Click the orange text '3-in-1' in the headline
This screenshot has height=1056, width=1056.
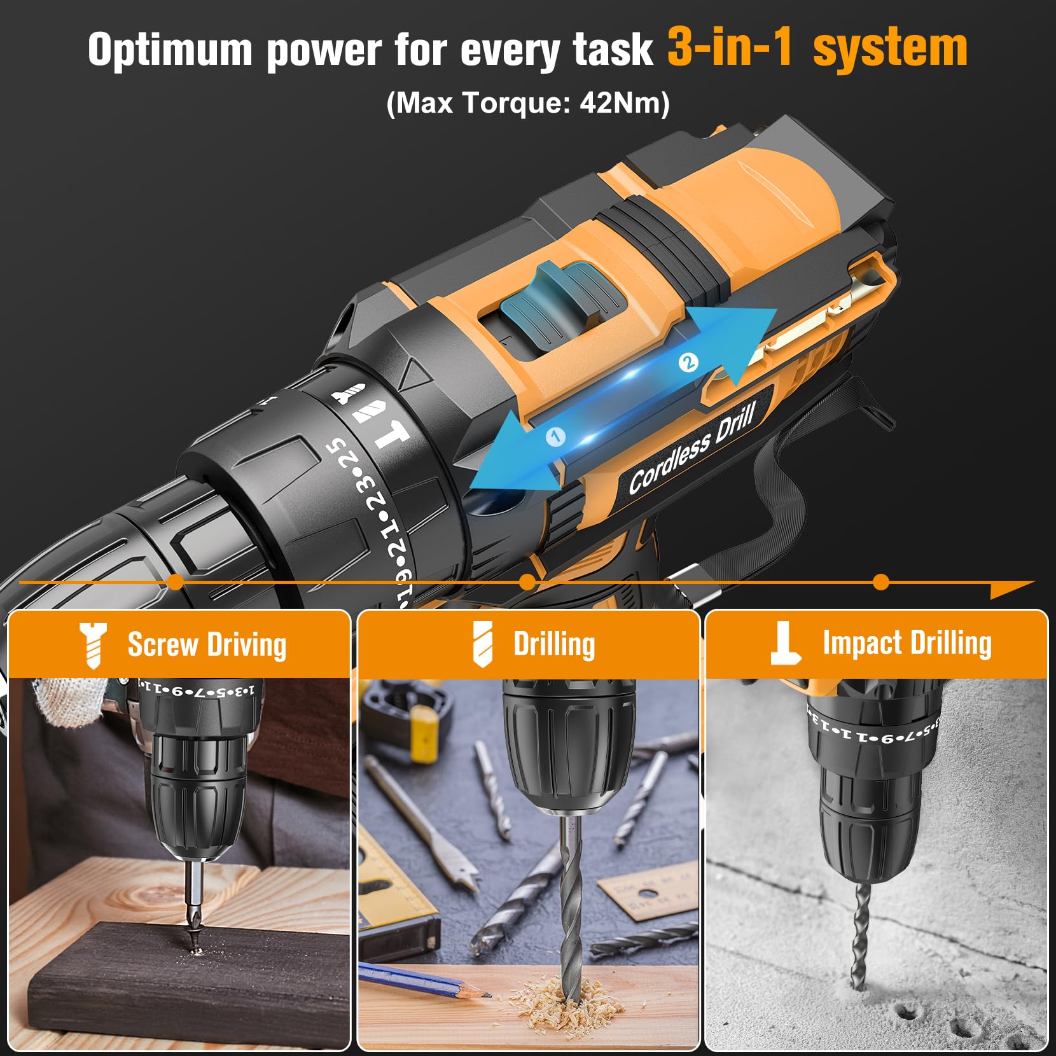(730, 48)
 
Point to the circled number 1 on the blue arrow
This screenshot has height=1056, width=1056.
(555, 436)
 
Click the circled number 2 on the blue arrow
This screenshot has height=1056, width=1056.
(688, 363)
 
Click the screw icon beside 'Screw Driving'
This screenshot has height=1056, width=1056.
(93, 645)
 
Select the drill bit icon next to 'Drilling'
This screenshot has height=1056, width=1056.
(483, 644)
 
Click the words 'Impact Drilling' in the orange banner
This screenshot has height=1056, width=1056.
(907, 643)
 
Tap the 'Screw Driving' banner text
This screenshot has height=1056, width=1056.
(207, 644)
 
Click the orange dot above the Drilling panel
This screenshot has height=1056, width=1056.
(527, 581)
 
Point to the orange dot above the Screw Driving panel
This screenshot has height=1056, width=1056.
(176, 581)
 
